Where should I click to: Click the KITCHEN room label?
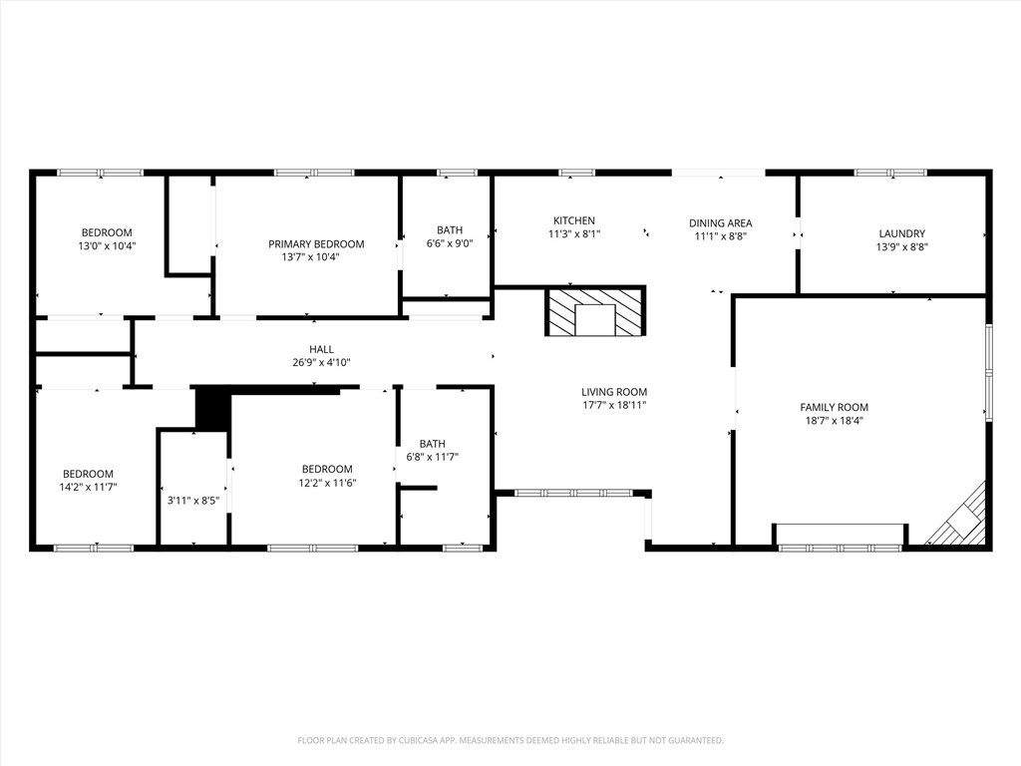pyautogui.click(x=574, y=221)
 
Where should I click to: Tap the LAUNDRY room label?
pyautogui.click(x=901, y=233)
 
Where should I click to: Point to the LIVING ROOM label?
pyautogui.click(x=614, y=392)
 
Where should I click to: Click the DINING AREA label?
pyautogui.click(x=720, y=223)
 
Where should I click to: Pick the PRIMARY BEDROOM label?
pyautogui.click(x=316, y=244)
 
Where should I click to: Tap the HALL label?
pyautogui.click(x=321, y=349)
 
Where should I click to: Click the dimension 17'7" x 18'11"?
pyautogui.click(x=614, y=406)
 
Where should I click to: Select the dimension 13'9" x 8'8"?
pyautogui.click(x=901, y=247)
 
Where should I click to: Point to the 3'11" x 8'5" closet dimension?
pyautogui.click(x=193, y=501)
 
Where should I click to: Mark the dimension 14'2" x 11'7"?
pyautogui.click(x=88, y=488)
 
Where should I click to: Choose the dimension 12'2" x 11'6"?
pyautogui.click(x=327, y=484)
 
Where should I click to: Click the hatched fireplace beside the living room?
pyautogui.click(x=594, y=311)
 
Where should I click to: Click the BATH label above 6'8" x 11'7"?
pyautogui.click(x=433, y=444)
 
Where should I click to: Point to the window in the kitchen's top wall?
pyautogui.click(x=576, y=173)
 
